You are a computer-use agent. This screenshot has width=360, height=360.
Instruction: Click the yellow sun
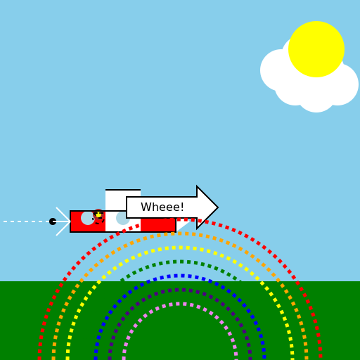coord(316,49)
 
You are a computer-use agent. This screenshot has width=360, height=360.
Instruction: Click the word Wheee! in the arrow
coord(162,207)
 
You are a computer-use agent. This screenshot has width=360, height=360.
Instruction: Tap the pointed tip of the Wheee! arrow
coord(218,207)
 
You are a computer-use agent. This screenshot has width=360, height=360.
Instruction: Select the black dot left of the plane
coord(53,221)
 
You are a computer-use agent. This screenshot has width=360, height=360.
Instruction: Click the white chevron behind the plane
coord(63,221)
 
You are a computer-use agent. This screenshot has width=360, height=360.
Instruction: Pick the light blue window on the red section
coord(87,218)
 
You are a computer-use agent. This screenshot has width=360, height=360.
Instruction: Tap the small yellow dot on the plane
coord(98,214)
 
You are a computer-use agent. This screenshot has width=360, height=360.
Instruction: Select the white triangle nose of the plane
coord(184,224)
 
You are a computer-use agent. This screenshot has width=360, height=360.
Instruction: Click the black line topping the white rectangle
coord(123,190)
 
